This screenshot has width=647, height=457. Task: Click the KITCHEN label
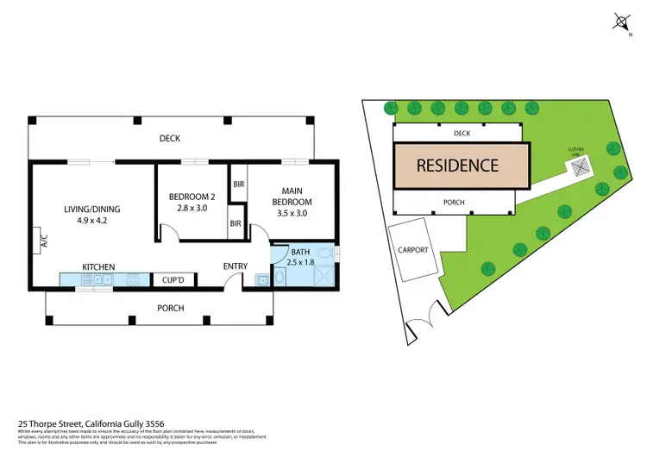click(x=98, y=267)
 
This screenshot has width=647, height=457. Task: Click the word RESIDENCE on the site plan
click(x=458, y=166)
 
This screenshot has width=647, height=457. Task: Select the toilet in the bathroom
click(x=323, y=254)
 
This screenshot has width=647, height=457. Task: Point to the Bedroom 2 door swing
click(x=169, y=233)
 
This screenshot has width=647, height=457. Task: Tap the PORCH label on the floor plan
click(x=171, y=308)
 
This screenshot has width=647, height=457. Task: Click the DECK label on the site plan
click(x=461, y=134)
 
